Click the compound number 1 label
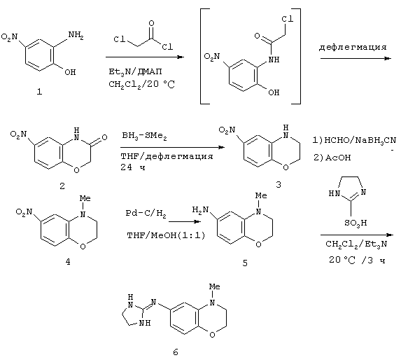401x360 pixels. tap(39, 92)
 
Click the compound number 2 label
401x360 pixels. tap(62, 186)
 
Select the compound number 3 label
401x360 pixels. tap(279, 184)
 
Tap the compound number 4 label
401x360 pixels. tap(68, 262)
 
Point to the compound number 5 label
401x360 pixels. tap(245, 263)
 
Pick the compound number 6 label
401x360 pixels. tap(176, 352)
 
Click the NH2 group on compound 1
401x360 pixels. tap(76, 35)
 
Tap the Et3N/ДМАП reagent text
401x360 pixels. tap(135, 71)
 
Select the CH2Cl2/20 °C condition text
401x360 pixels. tap(141, 84)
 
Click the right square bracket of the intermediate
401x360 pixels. tap(300, 56)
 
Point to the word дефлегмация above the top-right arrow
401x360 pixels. tap(353, 48)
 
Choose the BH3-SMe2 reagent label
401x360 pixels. tap(144, 136)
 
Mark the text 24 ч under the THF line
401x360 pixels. tap(133, 167)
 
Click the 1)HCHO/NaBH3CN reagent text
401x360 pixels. tap(354, 141)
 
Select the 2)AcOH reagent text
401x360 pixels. tap(332, 158)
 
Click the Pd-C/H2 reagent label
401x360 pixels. tap(146, 214)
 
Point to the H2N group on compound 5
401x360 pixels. tap(200, 211)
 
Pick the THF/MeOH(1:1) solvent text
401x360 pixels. tap(167, 235)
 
